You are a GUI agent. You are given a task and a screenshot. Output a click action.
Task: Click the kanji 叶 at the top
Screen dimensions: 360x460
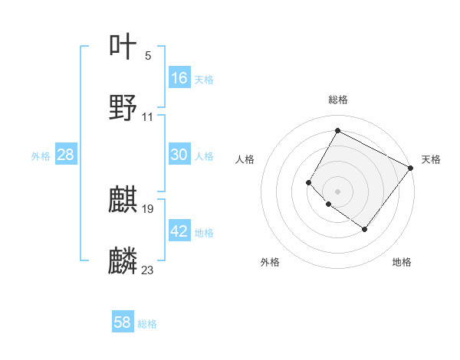click(x=123, y=47)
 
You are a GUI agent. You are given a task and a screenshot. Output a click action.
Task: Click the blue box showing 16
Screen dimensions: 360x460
click(x=179, y=78)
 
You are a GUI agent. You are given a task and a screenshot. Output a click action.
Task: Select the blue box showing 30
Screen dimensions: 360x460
click(x=179, y=155)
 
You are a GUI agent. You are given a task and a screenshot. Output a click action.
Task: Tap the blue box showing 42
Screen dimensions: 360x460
click(x=179, y=231)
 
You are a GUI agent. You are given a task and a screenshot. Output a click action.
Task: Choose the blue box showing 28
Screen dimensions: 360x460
click(x=66, y=155)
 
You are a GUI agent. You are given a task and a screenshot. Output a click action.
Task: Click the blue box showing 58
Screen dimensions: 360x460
click(x=123, y=322)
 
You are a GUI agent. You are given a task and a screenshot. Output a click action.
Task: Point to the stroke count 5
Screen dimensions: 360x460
click(x=148, y=55)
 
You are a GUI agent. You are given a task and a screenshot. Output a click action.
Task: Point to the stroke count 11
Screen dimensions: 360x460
click(x=148, y=117)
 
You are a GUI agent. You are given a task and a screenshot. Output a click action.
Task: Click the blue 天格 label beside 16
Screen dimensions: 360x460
click(x=204, y=79)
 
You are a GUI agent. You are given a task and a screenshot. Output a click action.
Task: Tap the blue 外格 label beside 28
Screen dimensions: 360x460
click(x=41, y=155)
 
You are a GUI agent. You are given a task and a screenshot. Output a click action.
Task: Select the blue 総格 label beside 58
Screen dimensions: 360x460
click(x=147, y=323)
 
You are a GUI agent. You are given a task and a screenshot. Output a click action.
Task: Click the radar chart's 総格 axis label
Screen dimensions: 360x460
click(x=337, y=100)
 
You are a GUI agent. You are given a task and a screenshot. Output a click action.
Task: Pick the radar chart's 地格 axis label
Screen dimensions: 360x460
click(x=402, y=262)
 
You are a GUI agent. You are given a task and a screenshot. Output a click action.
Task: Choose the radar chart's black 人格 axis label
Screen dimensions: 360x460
click(x=245, y=159)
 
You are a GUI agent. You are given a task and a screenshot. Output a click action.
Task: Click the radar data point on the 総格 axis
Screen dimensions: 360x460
click(x=337, y=130)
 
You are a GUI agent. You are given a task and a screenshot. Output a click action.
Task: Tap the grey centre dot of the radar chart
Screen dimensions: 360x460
click(x=337, y=191)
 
